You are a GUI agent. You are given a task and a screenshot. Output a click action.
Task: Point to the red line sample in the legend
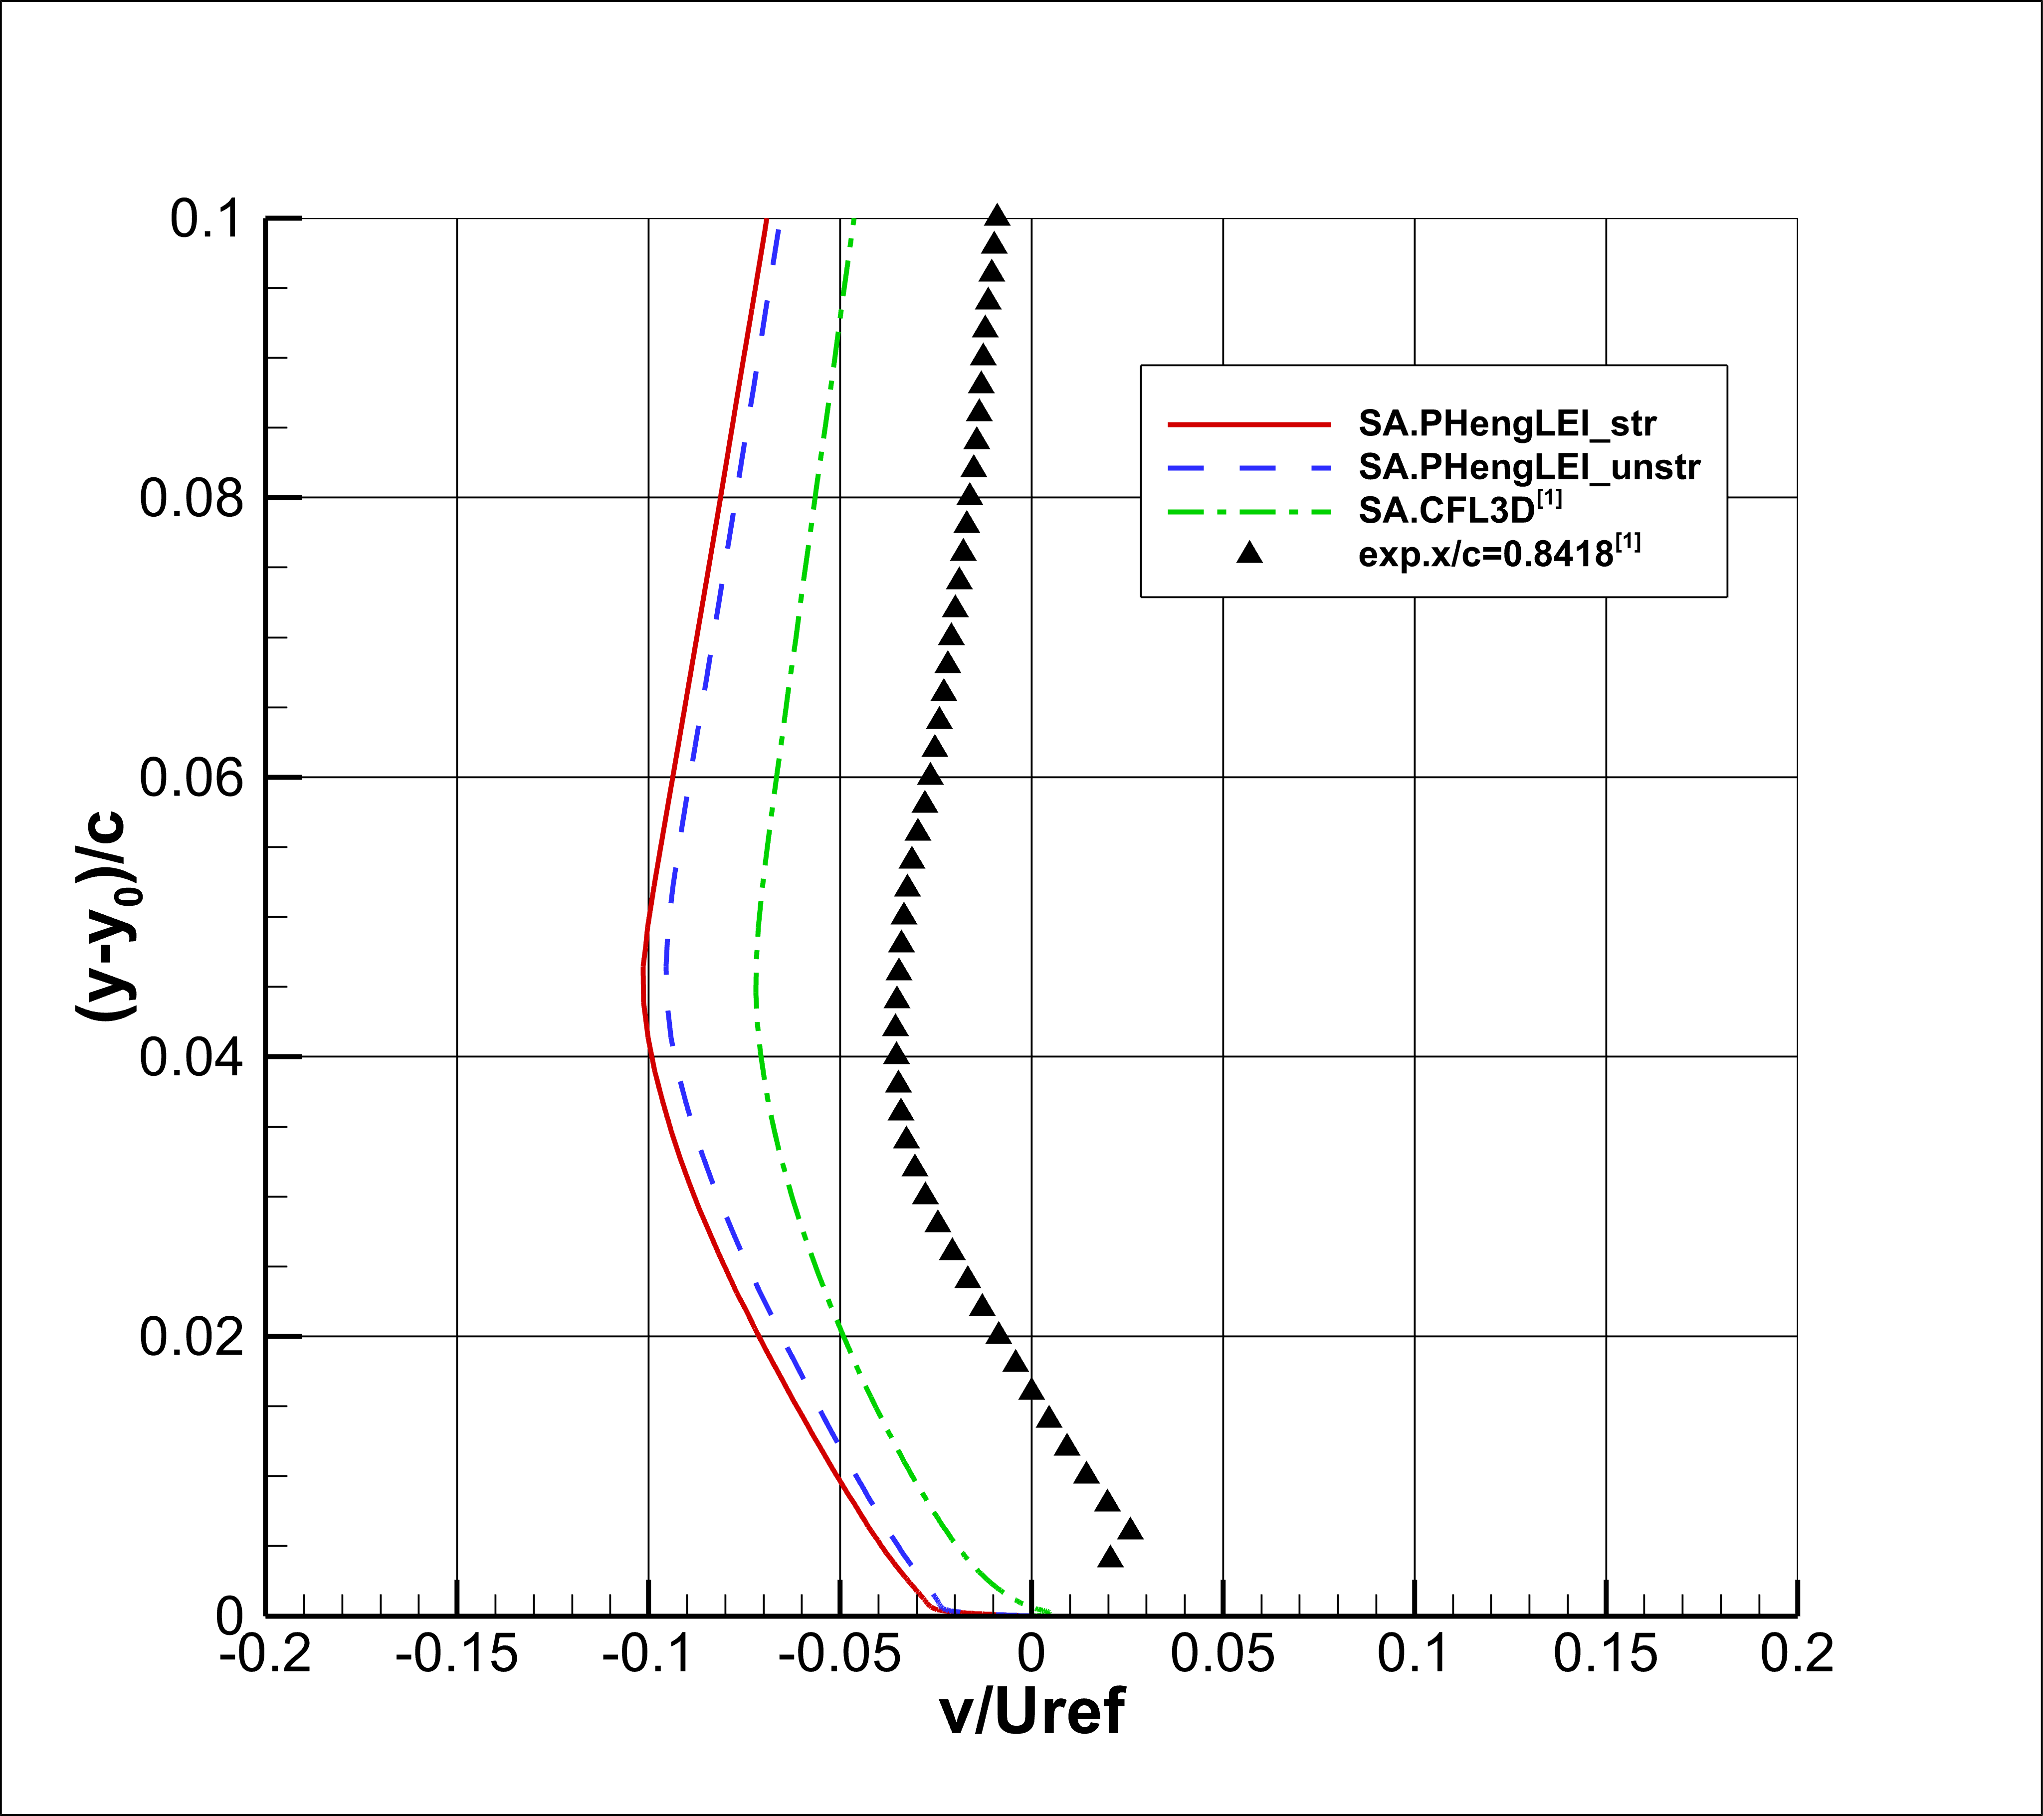click(x=1249, y=425)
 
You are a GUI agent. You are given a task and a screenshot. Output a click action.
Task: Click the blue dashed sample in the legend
click(x=1249, y=468)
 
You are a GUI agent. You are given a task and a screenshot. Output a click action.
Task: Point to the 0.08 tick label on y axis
click(x=192, y=498)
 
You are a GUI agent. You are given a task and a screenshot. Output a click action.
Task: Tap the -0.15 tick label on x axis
click(x=457, y=1654)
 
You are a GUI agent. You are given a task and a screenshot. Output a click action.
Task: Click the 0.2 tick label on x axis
click(x=1797, y=1654)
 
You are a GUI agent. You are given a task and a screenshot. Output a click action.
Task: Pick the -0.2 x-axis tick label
click(x=266, y=1654)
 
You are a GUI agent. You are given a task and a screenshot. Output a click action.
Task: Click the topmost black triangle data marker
click(x=997, y=215)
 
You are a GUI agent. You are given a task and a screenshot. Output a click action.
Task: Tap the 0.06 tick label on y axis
click(x=192, y=778)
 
